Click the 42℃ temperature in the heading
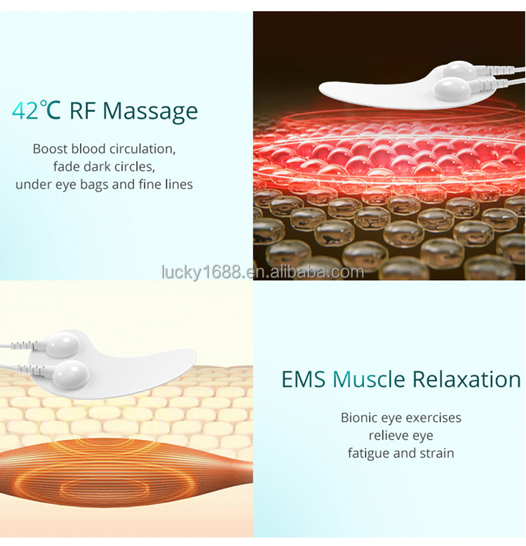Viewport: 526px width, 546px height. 36,111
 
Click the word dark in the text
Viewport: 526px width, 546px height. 96,166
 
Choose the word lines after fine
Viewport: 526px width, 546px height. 177,184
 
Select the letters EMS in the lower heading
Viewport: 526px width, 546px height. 304,379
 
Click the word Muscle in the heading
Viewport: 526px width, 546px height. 369,379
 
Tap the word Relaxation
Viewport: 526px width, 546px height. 466,379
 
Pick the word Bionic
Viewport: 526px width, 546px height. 360,418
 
